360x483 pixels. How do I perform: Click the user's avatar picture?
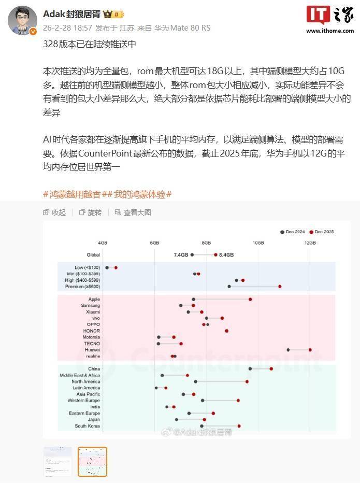22,21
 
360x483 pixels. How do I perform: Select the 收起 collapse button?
54,212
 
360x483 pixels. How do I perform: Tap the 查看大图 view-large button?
133,212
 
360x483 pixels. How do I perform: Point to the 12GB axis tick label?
310,243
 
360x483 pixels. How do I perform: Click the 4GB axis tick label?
103,243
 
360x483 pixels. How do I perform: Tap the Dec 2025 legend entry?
322,232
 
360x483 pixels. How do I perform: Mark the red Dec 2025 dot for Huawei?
310,350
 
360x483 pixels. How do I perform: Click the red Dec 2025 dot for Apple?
250,300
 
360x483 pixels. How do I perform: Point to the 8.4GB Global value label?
226,255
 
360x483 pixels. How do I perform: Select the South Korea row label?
87,426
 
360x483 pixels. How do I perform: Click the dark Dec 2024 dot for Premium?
229,287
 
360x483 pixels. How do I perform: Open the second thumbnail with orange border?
92,461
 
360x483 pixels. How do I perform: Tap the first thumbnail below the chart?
57,461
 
